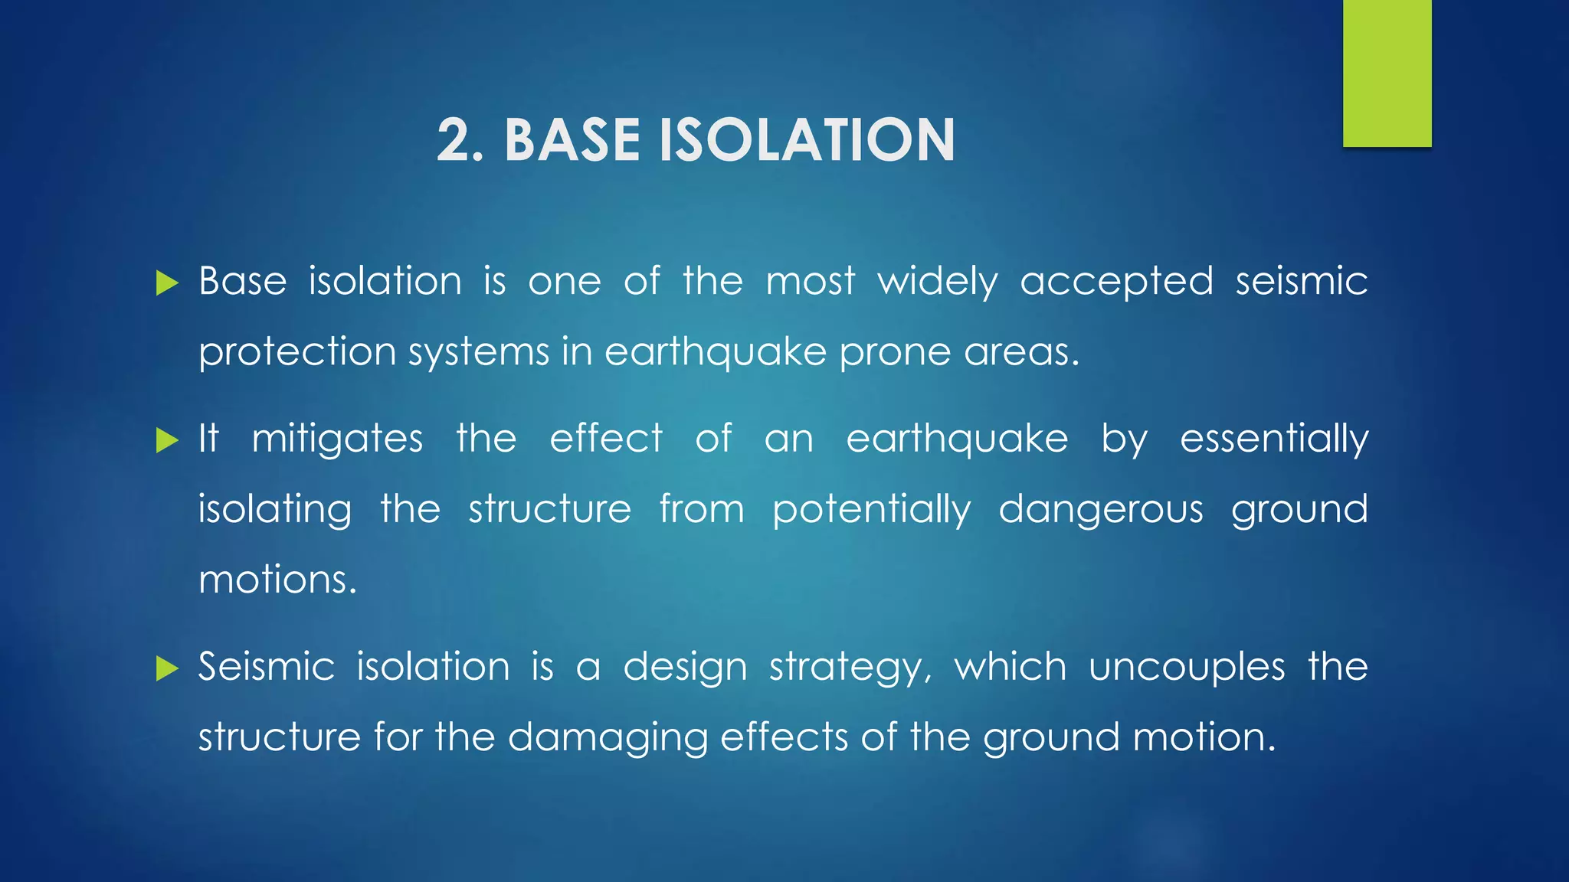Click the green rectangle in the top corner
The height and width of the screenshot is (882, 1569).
pyautogui.click(x=1387, y=73)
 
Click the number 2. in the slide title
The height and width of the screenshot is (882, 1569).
pyautogui.click(x=460, y=140)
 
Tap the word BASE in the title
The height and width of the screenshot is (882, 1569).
pyautogui.click(x=572, y=140)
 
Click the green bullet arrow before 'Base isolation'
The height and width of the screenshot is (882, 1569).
pyautogui.click(x=166, y=283)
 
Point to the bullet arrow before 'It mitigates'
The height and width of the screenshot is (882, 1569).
pyautogui.click(x=166, y=440)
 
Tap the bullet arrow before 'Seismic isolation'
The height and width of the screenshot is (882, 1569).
pyautogui.click(x=166, y=668)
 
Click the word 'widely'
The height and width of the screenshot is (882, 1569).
pyautogui.click(x=938, y=282)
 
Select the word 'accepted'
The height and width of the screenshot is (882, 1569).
pyautogui.click(x=1116, y=282)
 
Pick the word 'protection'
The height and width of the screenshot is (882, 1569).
pyautogui.click(x=297, y=353)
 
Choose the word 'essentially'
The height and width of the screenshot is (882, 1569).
pyautogui.click(x=1273, y=439)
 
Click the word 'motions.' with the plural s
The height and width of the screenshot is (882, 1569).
pyautogui.click(x=277, y=580)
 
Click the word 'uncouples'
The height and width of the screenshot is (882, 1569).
pyautogui.click(x=1187, y=667)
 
